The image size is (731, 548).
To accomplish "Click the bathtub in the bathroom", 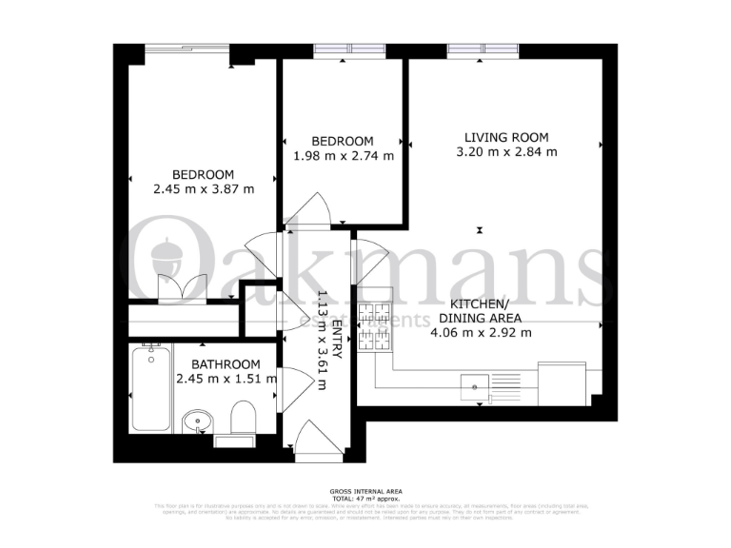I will (x=151, y=389).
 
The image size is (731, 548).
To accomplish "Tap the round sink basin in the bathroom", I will (x=198, y=421).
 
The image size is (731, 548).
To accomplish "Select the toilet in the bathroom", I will (x=243, y=419).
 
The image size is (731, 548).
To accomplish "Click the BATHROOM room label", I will (x=226, y=364).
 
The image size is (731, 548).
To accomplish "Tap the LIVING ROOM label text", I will (x=506, y=137).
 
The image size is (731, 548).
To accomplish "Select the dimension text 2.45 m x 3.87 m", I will (x=203, y=188).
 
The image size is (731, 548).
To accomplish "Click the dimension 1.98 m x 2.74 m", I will (x=343, y=156).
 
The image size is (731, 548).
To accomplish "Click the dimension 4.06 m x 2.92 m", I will (x=481, y=332).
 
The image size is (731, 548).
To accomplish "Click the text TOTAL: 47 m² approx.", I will (x=365, y=498).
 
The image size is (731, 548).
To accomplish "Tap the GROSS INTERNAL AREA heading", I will (x=365, y=491).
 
